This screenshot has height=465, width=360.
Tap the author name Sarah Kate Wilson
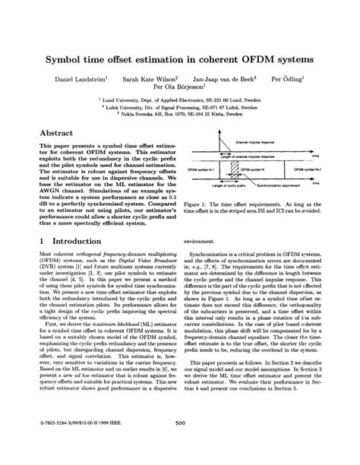pos(150,78)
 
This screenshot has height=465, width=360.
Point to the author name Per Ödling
pos(289,78)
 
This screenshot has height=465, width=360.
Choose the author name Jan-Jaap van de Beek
pos(223,78)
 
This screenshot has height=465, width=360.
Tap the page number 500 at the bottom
pos(181,444)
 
